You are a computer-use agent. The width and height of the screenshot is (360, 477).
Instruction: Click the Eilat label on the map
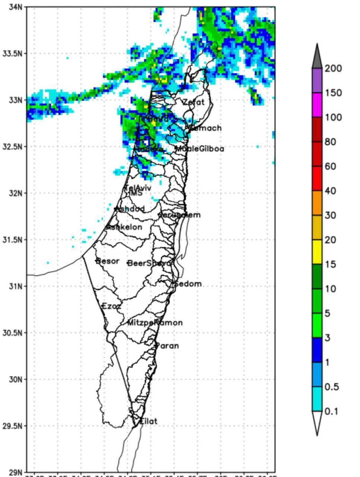[148, 421]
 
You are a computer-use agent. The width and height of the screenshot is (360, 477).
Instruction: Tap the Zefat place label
[193, 102]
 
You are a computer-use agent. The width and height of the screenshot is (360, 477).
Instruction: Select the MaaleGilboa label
[200, 149]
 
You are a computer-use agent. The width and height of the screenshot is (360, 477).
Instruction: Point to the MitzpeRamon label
[155, 323]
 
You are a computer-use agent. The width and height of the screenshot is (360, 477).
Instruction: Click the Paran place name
[167, 346]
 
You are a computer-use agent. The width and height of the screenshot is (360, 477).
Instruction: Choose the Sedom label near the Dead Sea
[188, 284]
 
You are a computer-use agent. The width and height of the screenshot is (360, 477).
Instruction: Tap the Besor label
[108, 261]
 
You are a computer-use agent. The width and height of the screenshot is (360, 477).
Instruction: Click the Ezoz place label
[111, 306]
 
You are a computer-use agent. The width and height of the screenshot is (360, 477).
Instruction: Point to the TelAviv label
[138, 188]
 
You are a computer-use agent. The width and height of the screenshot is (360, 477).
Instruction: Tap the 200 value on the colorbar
[333, 69]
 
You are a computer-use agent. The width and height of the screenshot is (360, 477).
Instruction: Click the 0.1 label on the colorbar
[331, 411]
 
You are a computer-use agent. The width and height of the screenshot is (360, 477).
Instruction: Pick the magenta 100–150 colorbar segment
[317, 105]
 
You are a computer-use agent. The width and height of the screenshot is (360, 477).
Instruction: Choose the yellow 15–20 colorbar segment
[317, 252]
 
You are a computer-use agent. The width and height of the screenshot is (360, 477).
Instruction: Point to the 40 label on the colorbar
[330, 191]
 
